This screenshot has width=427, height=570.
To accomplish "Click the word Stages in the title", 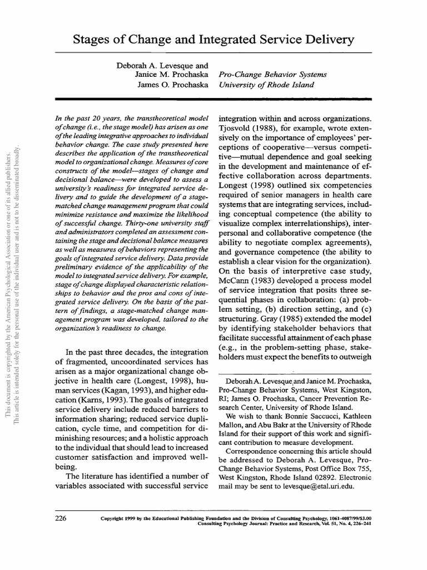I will pyautogui.click(x=92, y=40).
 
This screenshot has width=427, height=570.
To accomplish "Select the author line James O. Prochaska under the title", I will pyautogui.click(x=173, y=85).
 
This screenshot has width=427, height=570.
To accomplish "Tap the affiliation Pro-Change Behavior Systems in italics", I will pyautogui.click(x=273, y=75).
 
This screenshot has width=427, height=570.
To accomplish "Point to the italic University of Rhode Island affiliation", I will pyautogui.click(x=266, y=85).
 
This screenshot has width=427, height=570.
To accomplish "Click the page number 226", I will pyautogui.click(x=61, y=518).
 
